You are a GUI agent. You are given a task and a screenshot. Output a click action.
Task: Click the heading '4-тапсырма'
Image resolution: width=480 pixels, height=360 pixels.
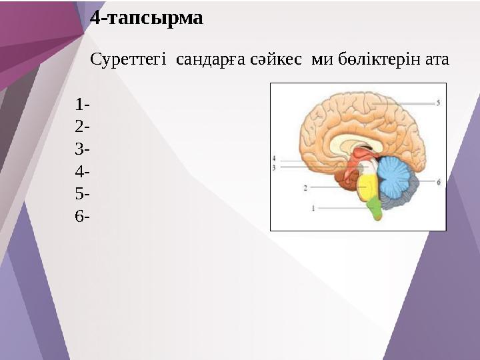(x=146, y=18)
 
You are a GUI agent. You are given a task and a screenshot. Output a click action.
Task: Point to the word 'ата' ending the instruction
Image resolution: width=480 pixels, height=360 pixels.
(x=437, y=59)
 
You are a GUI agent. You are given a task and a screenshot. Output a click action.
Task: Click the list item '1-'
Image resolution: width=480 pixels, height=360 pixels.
(x=83, y=105)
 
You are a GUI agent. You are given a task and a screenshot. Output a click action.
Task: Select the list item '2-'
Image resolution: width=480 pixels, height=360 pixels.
(x=83, y=127)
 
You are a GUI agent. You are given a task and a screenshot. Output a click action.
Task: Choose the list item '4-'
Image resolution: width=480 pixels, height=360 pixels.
(x=83, y=171)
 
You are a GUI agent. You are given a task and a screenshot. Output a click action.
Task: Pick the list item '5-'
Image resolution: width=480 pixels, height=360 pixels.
(x=83, y=194)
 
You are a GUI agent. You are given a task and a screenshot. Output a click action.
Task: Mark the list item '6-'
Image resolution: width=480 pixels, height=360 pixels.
(x=83, y=216)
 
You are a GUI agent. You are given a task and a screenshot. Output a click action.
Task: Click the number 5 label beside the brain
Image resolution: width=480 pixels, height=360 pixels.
(x=438, y=103)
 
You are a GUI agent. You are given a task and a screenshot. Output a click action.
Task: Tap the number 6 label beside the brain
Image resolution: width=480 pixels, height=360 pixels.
(x=438, y=181)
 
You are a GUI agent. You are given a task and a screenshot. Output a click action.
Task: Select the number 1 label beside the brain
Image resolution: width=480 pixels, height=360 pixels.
(x=313, y=208)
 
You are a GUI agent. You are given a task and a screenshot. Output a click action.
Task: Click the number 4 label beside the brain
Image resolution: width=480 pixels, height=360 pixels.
(x=274, y=159)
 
